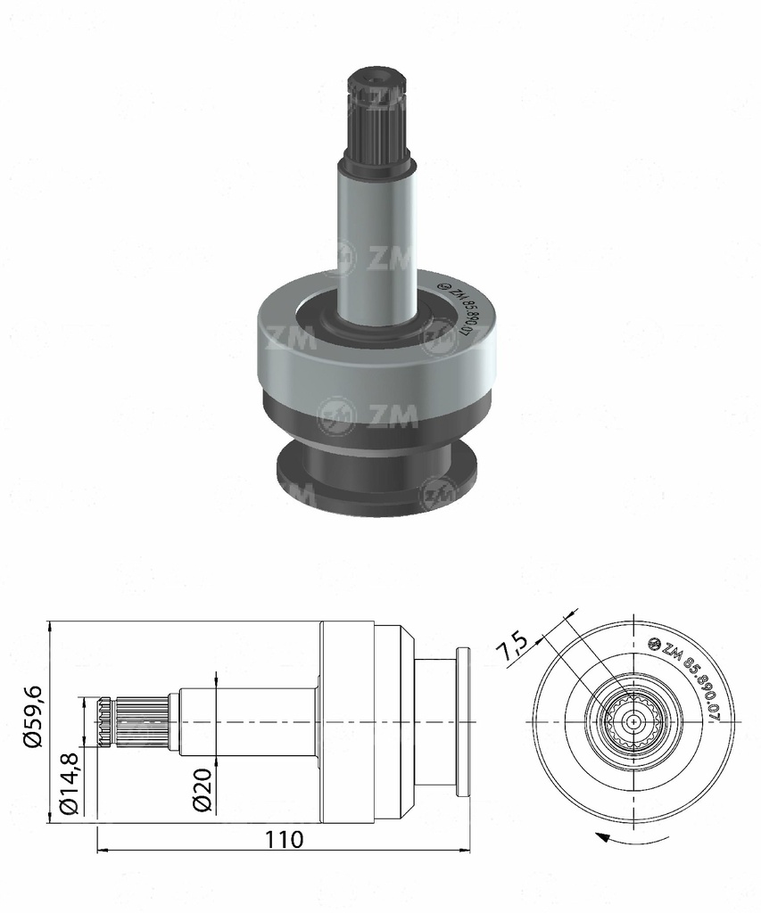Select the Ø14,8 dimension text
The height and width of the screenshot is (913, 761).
click(70, 782)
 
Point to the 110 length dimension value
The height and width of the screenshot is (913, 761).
click(284, 839)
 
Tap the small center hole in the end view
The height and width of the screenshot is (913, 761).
click(633, 720)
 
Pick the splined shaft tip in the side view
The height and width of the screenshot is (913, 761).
click(134, 720)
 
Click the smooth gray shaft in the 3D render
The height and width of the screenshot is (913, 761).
click(376, 241)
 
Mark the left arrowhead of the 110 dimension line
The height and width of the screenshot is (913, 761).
click(100, 850)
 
